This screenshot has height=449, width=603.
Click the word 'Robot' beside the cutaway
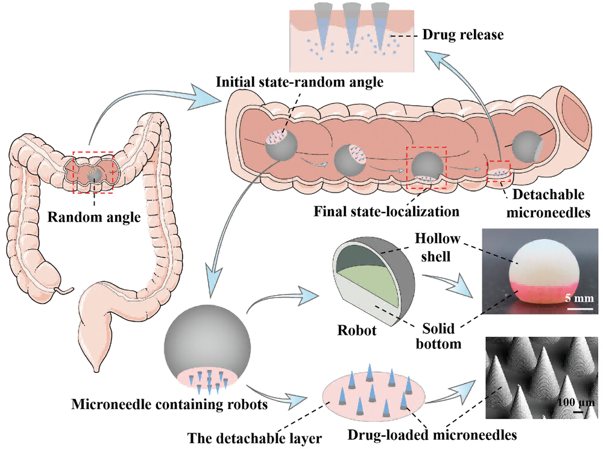(x=356, y=331)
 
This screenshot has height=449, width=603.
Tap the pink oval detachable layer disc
(x=370, y=395)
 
